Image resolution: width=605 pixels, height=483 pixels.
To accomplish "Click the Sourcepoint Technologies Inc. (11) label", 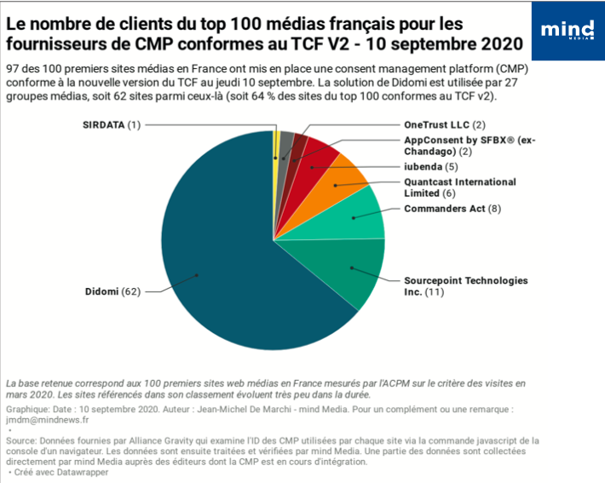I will coord(465,286).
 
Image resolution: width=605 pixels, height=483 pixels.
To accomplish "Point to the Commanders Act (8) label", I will coord(452,208).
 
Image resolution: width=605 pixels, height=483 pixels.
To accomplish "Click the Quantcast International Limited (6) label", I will coord(459,187).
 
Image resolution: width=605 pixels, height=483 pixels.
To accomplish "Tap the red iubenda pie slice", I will coord(315,156).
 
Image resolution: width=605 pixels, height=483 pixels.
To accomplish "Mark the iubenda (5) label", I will coord(430,167).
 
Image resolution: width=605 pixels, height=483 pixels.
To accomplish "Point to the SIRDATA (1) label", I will coord(110,125).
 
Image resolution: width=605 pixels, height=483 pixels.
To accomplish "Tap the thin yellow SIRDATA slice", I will coord(276,145).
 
